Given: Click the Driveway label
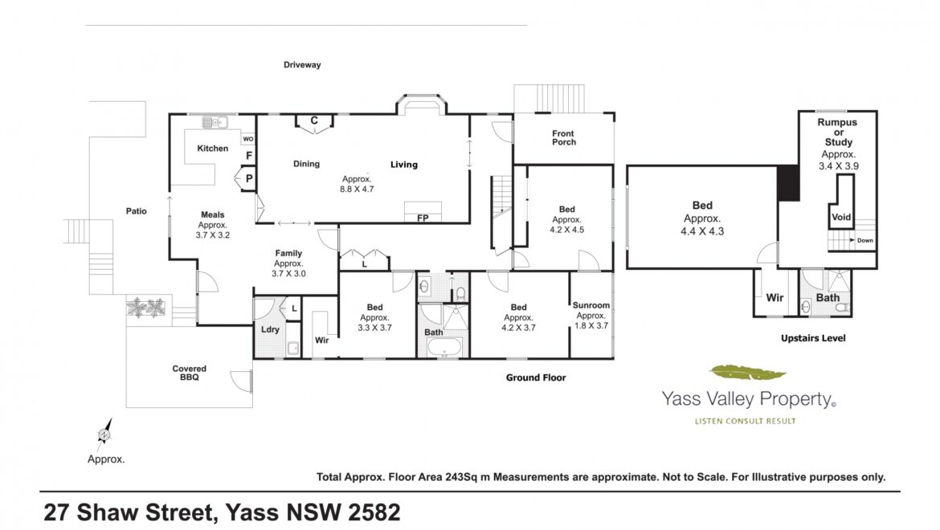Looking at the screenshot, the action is point(302,65).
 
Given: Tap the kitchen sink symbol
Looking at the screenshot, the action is point(215,122).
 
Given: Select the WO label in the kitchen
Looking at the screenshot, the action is point(248,139).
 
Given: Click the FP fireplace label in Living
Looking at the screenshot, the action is point(423,218).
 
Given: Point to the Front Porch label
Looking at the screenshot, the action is point(564,138).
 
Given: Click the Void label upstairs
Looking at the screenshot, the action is point(841,218).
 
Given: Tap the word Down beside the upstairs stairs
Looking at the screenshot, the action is point(865,240).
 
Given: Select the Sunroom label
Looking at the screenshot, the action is point(591,305).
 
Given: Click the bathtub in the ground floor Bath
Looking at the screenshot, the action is point(444,347).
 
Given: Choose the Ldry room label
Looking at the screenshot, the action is point(271,329).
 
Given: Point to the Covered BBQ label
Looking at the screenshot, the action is point(190,373).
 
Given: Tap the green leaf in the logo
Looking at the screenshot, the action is point(747,373).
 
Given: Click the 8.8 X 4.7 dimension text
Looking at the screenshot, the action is point(357,190).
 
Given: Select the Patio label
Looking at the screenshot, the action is point(136,211).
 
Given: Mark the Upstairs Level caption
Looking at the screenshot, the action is point(813,338).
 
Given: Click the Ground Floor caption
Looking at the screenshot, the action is point(536,377).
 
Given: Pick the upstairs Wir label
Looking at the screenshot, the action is point(774,298).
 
